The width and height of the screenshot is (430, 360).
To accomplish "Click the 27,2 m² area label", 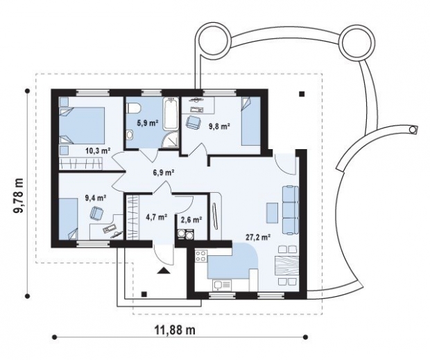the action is pyautogui.click(x=258, y=237).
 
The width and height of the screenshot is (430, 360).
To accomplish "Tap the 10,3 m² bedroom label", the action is pyautogui.click(x=98, y=150).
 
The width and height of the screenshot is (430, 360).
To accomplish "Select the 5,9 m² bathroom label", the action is pyautogui.click(x=148, y=123).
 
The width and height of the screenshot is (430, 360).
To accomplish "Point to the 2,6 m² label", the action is pyautogui.click(x=191, y=219).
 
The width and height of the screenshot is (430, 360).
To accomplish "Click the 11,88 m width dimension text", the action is pyautogui.click(x=175, y=330).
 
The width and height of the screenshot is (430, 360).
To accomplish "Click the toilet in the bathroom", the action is pyautogui.click(x=134, y=108).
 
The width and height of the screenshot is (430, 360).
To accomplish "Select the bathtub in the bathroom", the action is pyautogui.click(x=171, y=114).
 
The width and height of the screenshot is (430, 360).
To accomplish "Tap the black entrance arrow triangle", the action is pyautogui.click(x=164, y=271).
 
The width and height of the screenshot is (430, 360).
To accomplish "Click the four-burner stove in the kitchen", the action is pyautogui.click(x=201, y=256).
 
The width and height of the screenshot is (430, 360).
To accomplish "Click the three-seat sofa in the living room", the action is pyautogui.click(x=290, y=210).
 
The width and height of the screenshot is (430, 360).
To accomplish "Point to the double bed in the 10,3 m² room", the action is pyautogui.click(x=83, y=126).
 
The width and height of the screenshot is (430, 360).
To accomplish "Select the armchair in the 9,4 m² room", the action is pyautogui.click(x=96, y=212).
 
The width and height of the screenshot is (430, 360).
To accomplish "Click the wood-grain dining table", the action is pyautogui.click(x=286, y=266).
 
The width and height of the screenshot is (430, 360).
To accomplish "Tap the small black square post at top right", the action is pyautogui.click(x=302, y=94).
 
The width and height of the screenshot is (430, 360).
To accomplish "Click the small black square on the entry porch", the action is pyautogui.click(x=144, y=295).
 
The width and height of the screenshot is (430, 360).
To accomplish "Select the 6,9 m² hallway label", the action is pyautogui.click(x=164, y=173).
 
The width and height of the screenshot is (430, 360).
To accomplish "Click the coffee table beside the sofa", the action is pyautogui.click(x=272, y=213).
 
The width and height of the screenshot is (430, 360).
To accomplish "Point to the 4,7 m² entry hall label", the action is pyautogui.click(x=157, y=217).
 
